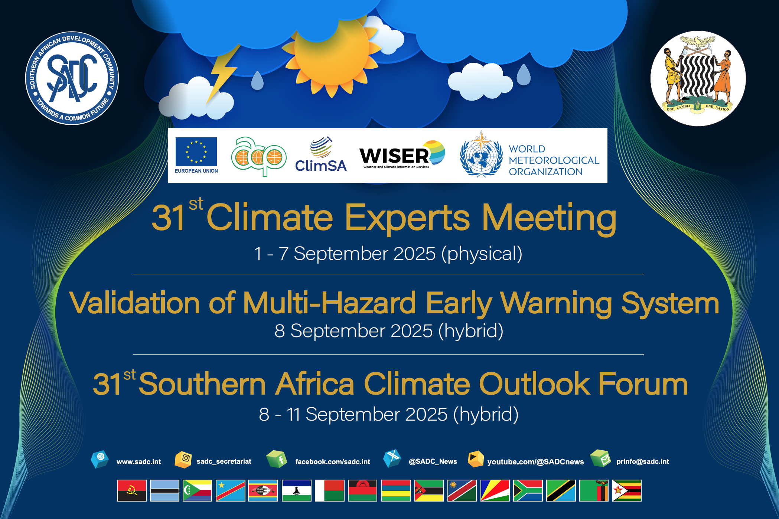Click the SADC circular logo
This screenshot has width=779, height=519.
coord(72,78)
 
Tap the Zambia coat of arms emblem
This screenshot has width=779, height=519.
coord(698,78)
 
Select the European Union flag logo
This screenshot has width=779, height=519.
coord(196,152)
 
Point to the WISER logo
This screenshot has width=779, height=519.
coord(402,155)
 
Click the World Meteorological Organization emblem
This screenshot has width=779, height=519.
coord(481,154)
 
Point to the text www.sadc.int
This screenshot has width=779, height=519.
coord(138,461)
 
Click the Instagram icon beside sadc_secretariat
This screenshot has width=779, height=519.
coord(183,459)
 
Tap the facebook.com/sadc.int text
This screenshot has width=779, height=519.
coord(333,461)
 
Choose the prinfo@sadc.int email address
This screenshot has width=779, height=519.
coord(643,461)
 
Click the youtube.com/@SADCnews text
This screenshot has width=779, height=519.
coord(535,462)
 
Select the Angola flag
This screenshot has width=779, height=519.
coord(132,490)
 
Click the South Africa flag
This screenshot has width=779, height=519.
coord(528,490)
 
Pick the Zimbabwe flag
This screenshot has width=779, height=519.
coord(627,490)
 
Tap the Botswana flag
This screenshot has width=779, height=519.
coord(164,490)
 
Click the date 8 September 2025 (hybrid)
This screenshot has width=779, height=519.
coord(389,331)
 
